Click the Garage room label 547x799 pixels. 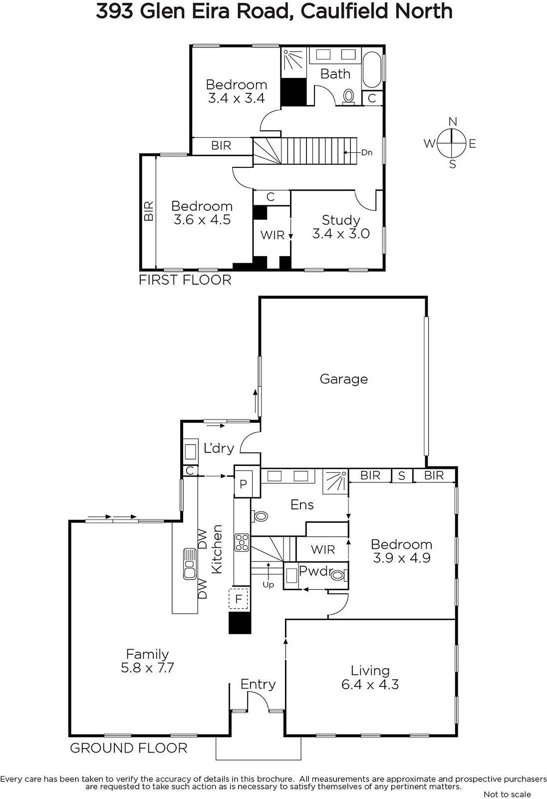tap(344, 379)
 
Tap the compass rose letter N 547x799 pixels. tap(453, 122)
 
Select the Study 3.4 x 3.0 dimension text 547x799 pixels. tap(341, 234)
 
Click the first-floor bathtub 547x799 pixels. tap(372, 70)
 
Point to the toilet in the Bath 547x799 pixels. tap(348, 97)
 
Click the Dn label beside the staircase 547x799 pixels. tap(367, 153)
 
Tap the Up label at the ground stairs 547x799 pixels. tap(268, 585)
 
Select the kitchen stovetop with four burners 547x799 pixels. tap(242, 542)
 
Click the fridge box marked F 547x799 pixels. tap(239, 598)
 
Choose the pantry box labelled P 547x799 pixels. tap(244, 484)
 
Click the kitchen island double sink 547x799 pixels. tap(190, 564)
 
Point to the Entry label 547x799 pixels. tap(258, 684)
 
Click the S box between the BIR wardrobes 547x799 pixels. tap(402, 476)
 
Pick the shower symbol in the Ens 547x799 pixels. tap(335, 482)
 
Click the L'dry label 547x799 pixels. tap(219, 448)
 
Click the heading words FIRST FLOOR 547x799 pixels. tap(185, 280)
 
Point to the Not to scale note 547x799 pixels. tap(507, 794)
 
